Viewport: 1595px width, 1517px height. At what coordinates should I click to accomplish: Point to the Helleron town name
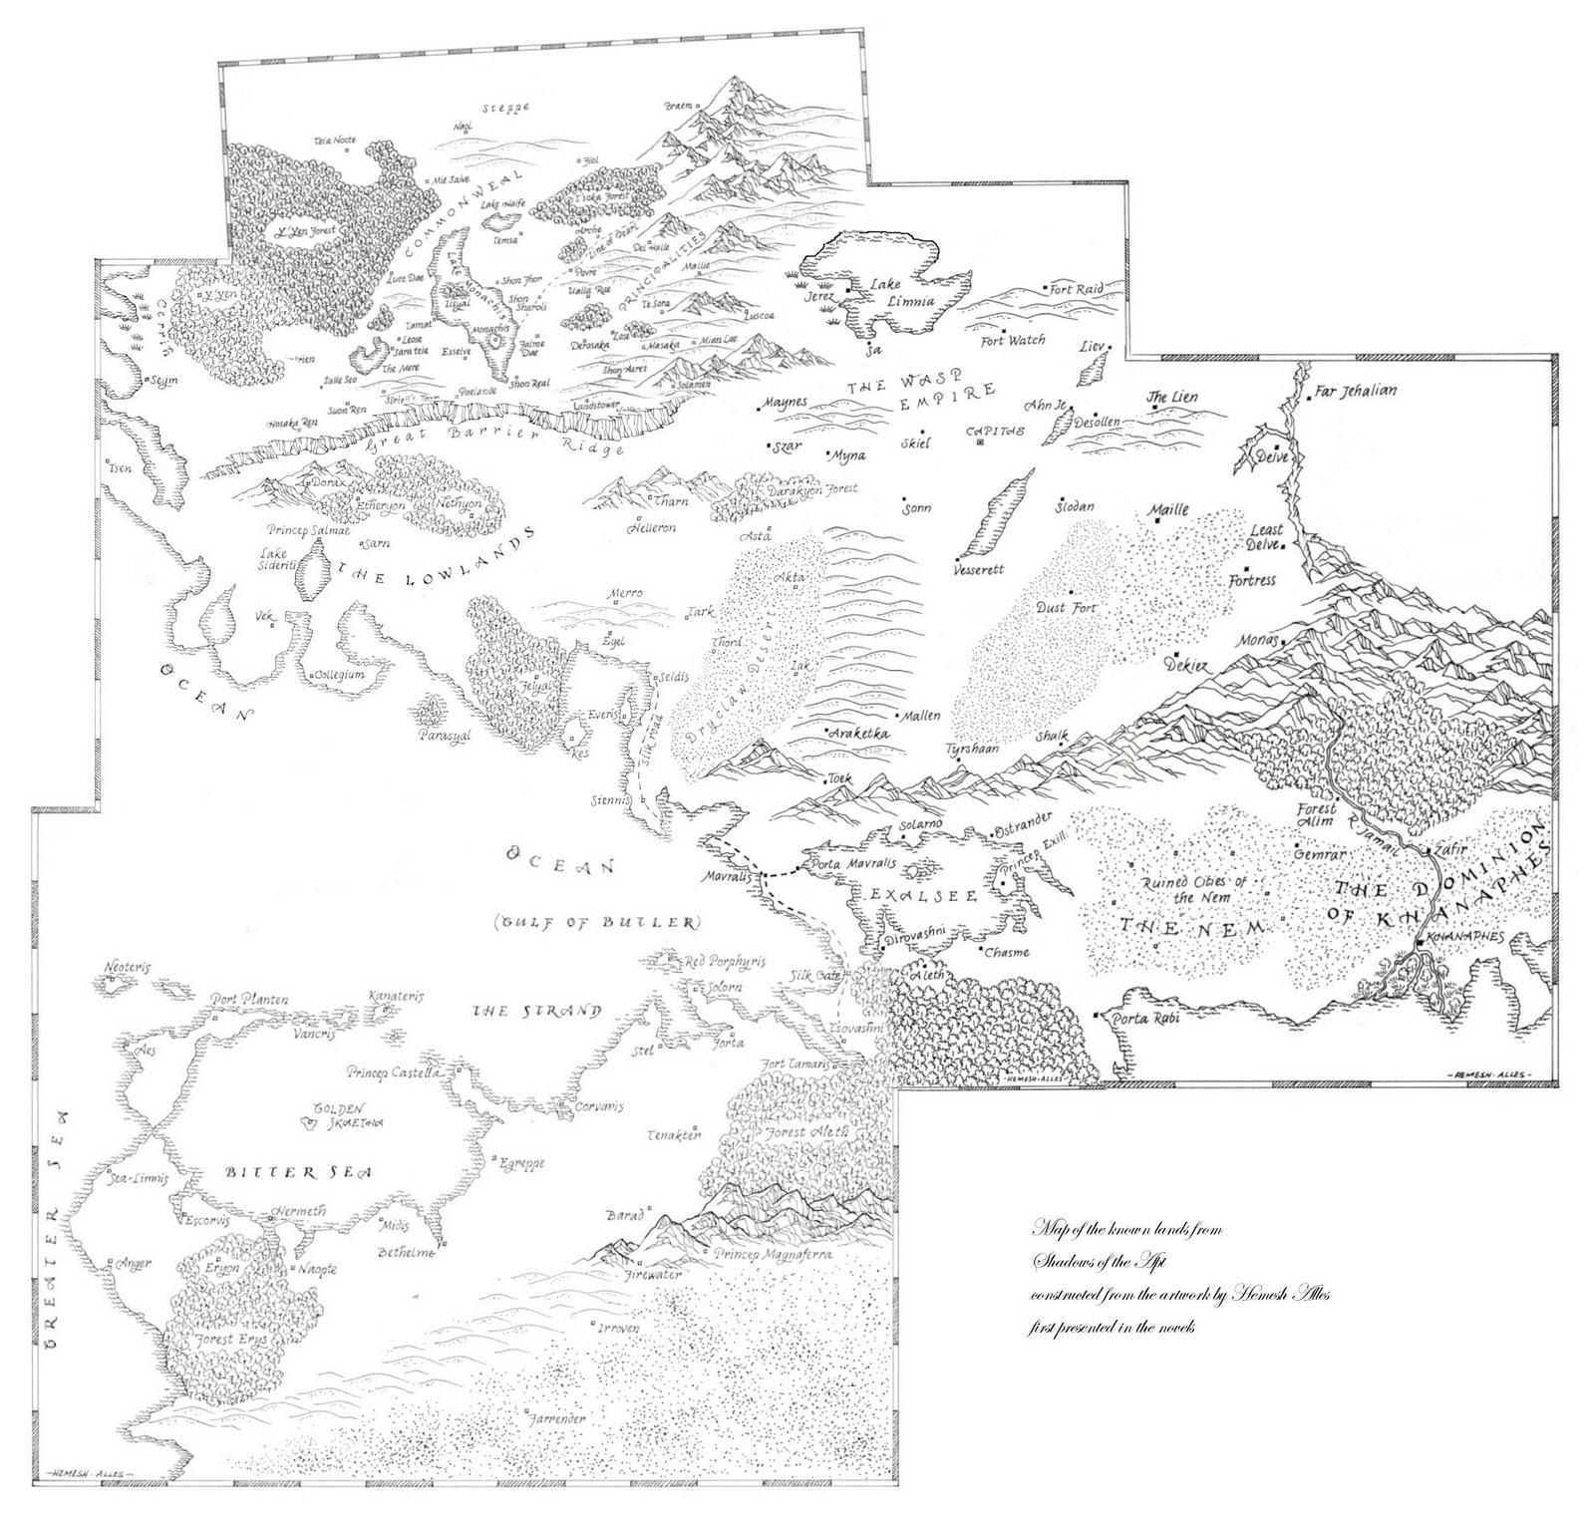point(651,527)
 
